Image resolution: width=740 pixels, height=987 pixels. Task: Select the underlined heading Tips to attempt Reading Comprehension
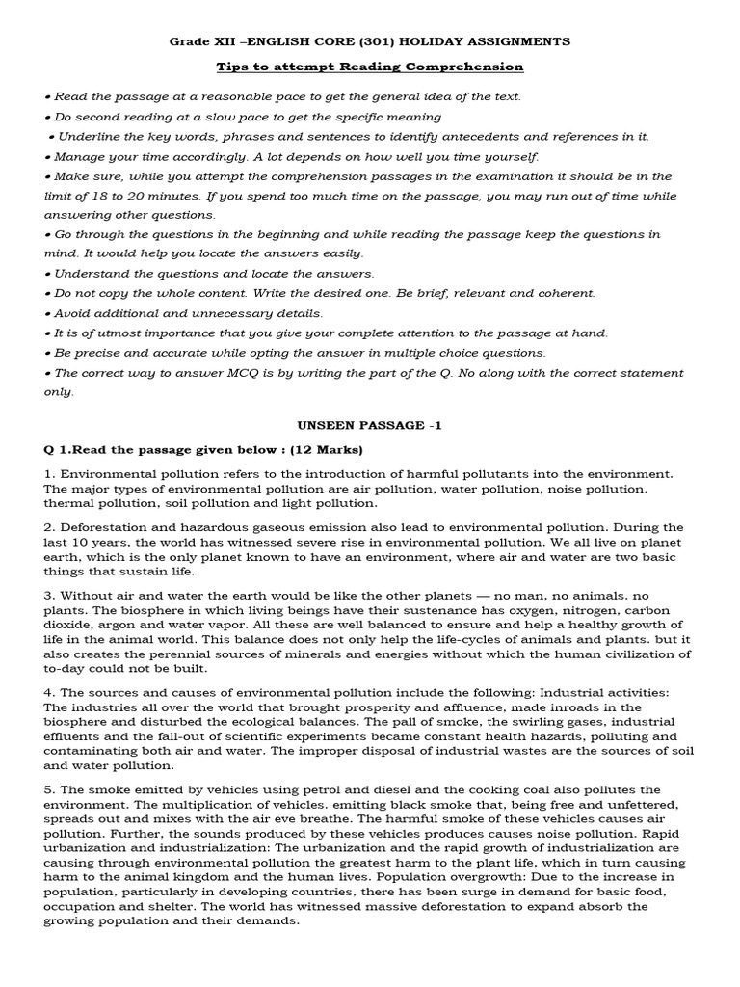(x=370, y=67)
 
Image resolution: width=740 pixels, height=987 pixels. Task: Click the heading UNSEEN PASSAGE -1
(x=370, y=425)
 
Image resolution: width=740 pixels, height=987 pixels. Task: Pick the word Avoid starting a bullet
(x=72, y=313)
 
